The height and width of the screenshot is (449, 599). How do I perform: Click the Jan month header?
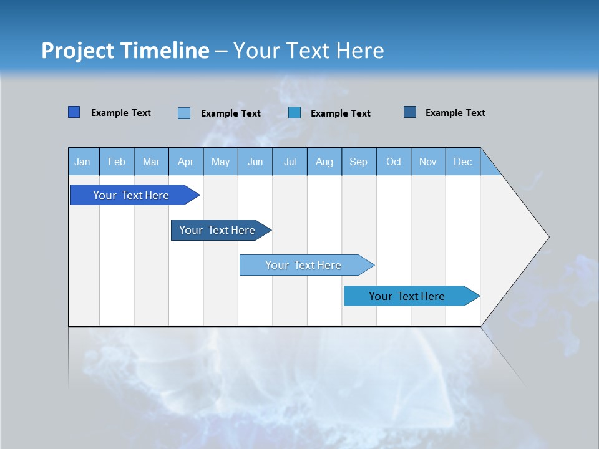point(82,162)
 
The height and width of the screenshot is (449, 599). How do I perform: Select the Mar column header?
point(151,162)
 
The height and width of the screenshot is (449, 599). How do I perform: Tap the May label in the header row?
point(220,162)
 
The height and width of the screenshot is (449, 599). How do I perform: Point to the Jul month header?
point(290,162)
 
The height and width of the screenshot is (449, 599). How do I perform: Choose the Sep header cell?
point(358,162)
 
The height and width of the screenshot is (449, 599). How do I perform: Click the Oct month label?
point(394,162)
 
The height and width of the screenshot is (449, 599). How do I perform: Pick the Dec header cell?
point(462,162)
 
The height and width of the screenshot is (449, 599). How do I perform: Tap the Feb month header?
point(117,162)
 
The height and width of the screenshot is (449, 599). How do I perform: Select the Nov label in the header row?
point(428,162)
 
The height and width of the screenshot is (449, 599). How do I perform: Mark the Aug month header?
point(324,162)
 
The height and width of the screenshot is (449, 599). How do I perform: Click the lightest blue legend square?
point(184,113)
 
